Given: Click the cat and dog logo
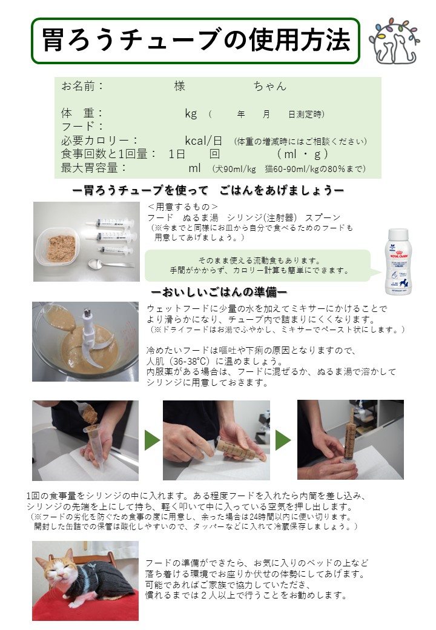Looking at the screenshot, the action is (x=394, y=41).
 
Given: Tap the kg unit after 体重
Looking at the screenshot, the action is (x=191, y=114).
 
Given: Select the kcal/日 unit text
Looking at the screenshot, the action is (x=203, y=141).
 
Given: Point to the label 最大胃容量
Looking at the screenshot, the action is (x=89, y=168).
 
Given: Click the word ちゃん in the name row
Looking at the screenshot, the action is (x=270, y=86).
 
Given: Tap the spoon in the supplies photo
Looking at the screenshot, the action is (x=110, y=264).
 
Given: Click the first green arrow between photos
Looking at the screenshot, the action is (x=152, y=440).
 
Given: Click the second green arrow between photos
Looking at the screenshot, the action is (x=283, y=440).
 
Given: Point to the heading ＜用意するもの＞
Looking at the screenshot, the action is (x=183, y=207).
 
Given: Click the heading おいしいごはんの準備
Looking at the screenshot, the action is (x=219, y=292).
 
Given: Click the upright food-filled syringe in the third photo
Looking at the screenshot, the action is (x=348, y=440).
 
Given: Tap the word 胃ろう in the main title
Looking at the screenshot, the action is (x=78, y=41).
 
